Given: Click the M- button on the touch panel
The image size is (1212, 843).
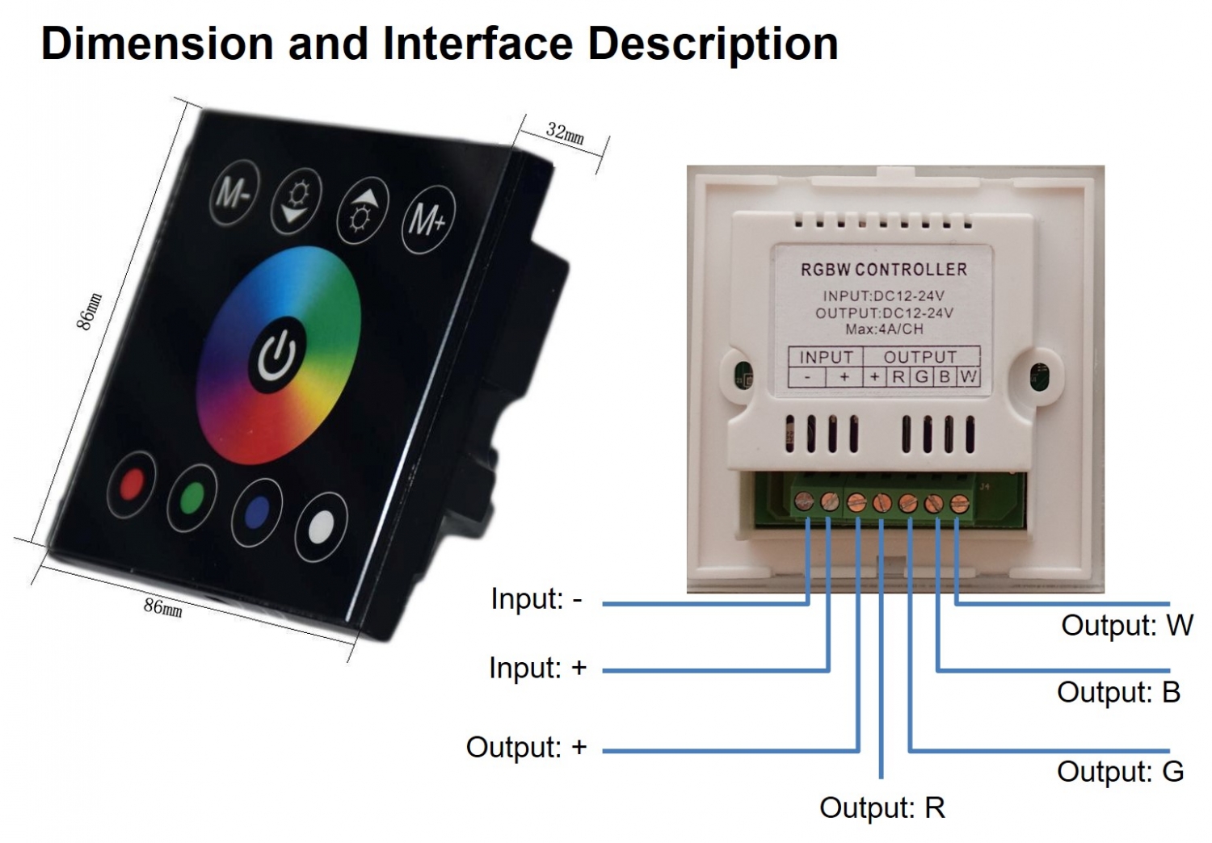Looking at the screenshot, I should pyautogui.click(x=234, y=194).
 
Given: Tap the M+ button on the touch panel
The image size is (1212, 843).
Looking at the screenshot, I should pyautogui.click(x=428, y=219).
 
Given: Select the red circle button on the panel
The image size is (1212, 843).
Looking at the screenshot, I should pyautogui.click(x=132, y=484).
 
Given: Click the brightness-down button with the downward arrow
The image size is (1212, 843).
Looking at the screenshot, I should pyautogui.click(x=296, y=202).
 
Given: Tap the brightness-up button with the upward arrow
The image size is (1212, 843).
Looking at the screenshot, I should pyautogui.click(x=362, y=210).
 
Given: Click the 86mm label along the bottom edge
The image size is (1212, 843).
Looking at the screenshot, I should pyautogui.click(x=163, y=606).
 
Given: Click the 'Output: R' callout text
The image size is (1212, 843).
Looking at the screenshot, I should pyautogui.click(x=882, y=807).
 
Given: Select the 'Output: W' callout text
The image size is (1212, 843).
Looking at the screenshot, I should pyautogui.click(x=1126, y=625).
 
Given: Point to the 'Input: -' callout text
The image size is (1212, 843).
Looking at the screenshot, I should pyautogui.click(x=537, y=599).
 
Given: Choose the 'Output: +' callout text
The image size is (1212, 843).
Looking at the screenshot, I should pyautogui.click(x=526, y=747).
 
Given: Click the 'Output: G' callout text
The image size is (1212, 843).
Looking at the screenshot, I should pyautogui.click(x=1120, y=771).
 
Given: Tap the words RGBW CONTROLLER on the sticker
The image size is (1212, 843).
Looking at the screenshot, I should pyautogui.click(x=883, y=270).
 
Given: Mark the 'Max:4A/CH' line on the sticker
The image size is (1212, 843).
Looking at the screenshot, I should pyautogui.click(x=884, y=329).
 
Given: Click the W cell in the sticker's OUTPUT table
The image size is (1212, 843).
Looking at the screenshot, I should pyautogui.click(x=969, y=377).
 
